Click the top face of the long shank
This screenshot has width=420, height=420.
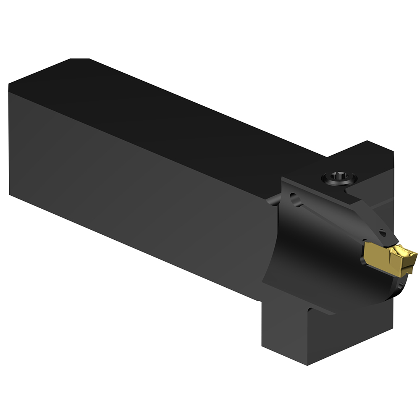click(x=168, y=109)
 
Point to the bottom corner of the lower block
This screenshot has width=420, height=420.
click(x=309, y=365)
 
